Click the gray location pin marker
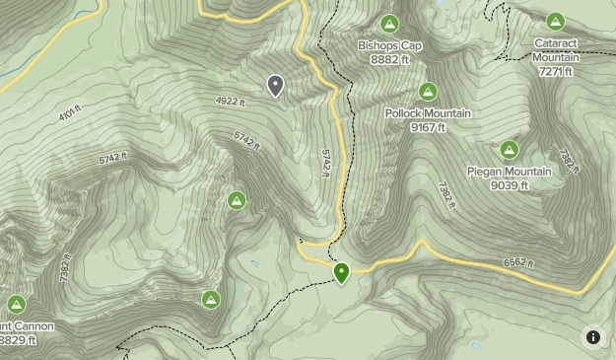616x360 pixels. (275, 86)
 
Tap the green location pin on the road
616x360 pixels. (342, 272)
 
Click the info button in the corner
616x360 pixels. (593, 337)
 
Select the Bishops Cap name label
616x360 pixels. (389, 46)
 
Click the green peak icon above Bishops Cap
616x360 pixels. (389, 23)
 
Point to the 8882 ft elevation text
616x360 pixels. (389, 60)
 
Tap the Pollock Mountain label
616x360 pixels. (428, 113)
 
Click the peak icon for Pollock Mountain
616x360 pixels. (428, 92)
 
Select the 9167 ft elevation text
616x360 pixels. (428, 127)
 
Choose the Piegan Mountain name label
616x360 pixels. (509, 172)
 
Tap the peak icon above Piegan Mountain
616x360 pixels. (509, 150)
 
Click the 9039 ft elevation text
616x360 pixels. (509, 185)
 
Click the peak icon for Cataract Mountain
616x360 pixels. (556, 21)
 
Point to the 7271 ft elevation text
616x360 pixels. (556, 71)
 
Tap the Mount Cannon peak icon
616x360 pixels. (16, 304)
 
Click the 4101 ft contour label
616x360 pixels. (70, 114)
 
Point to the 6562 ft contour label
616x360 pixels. (516, 263)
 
